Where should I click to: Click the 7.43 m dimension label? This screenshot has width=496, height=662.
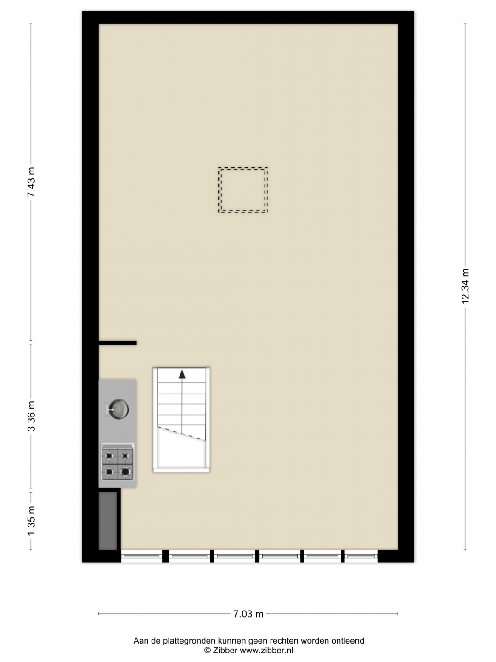(x=31, y=182)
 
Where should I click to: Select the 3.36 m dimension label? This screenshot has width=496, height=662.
(x=31, y=416)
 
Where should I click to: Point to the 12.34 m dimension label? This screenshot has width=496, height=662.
(x=465, y=286)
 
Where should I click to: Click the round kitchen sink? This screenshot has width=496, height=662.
(x=118, y=409)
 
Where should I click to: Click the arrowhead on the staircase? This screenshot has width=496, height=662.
(x=182, y=374)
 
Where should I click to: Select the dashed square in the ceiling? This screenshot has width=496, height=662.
(x=243, y=190)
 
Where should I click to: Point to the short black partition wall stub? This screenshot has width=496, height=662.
(x=118, y=343)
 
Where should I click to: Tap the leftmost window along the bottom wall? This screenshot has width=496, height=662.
(x=141, y=556)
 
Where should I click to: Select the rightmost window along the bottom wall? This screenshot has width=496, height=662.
(x=361, y=556)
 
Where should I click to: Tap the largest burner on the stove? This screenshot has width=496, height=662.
(x=125, y=471)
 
